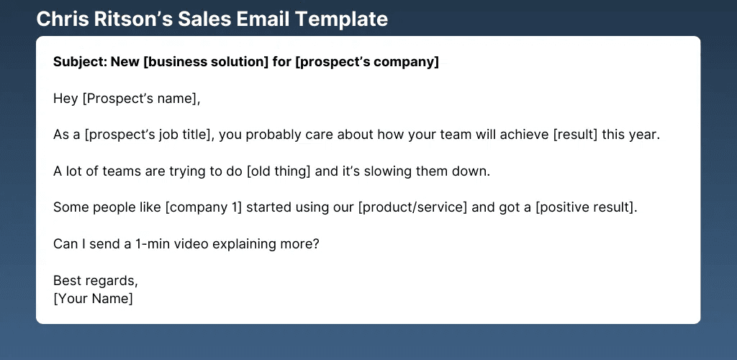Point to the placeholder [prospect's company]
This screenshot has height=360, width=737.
click(367, 63)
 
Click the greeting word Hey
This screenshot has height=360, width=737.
click(65, 99)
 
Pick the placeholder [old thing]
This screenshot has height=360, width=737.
click(279, 171)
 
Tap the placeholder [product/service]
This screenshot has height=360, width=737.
click(412, 208)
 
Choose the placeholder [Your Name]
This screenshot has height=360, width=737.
click(93, 299)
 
